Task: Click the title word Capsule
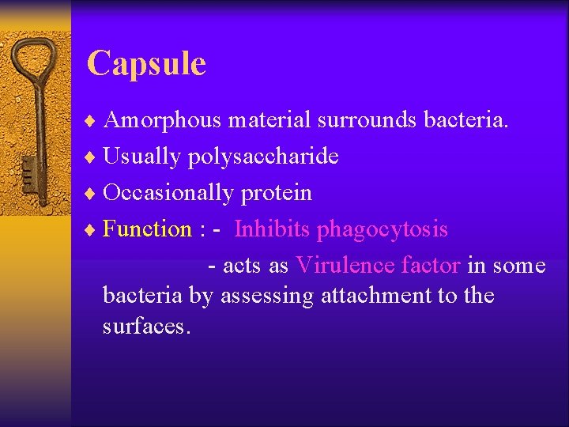[146, 63]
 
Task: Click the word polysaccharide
[263, 157]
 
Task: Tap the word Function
[147, 229]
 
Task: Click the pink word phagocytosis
[382, 230]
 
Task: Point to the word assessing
[267, 297]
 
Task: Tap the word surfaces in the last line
[145, 327]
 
